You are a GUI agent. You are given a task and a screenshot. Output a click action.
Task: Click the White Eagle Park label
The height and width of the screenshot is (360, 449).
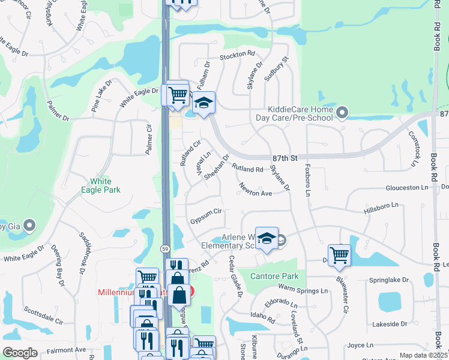pyautogui.click(x=105, y=185)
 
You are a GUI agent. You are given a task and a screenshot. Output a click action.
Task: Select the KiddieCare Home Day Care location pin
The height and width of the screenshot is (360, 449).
pyautogui.click(x=342, y=112)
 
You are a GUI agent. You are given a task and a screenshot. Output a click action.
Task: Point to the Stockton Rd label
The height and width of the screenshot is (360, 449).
pyautogui.click(x=238, y=55)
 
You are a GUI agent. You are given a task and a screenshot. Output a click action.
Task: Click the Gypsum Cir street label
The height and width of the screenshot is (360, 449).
pyautogui.click(x=206, y=212)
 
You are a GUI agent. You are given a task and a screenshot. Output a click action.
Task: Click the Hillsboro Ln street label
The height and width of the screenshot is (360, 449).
pyautogui.click(x=381, y=207)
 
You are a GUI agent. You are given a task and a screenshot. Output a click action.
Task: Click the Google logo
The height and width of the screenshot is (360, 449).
pyautogui.click(x=20, y=353)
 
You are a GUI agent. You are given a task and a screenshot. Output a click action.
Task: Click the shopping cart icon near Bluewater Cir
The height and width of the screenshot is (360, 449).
pyautogui.click(x=339, y=255)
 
